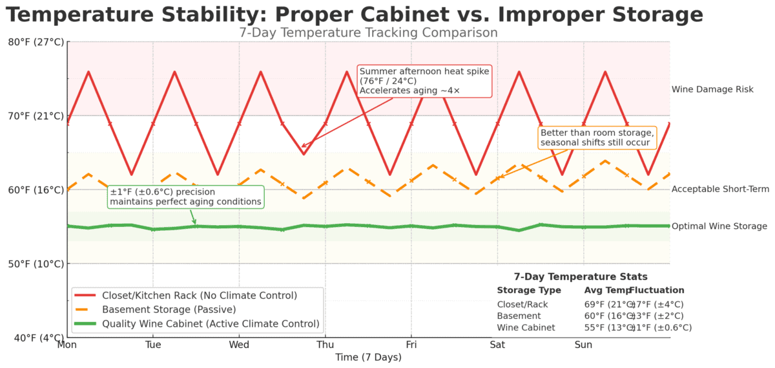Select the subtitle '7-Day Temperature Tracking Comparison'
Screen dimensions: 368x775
click(368, 32)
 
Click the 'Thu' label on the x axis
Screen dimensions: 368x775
click(325, 345)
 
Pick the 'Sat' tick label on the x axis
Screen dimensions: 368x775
click(497, 345)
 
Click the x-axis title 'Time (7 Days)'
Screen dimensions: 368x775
click(368, 357)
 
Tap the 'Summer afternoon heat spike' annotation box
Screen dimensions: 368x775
click(424, 81)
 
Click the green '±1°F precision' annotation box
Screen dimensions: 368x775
click(185, 197)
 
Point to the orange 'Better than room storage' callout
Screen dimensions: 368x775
click(596, 137)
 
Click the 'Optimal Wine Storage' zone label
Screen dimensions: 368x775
click(719, 226)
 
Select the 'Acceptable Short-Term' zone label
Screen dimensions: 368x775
click(720, 189)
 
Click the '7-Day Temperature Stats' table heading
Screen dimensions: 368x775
click(581, 276)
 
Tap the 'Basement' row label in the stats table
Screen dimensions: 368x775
click(519, 316)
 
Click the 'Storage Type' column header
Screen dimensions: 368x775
click(529, 290)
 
